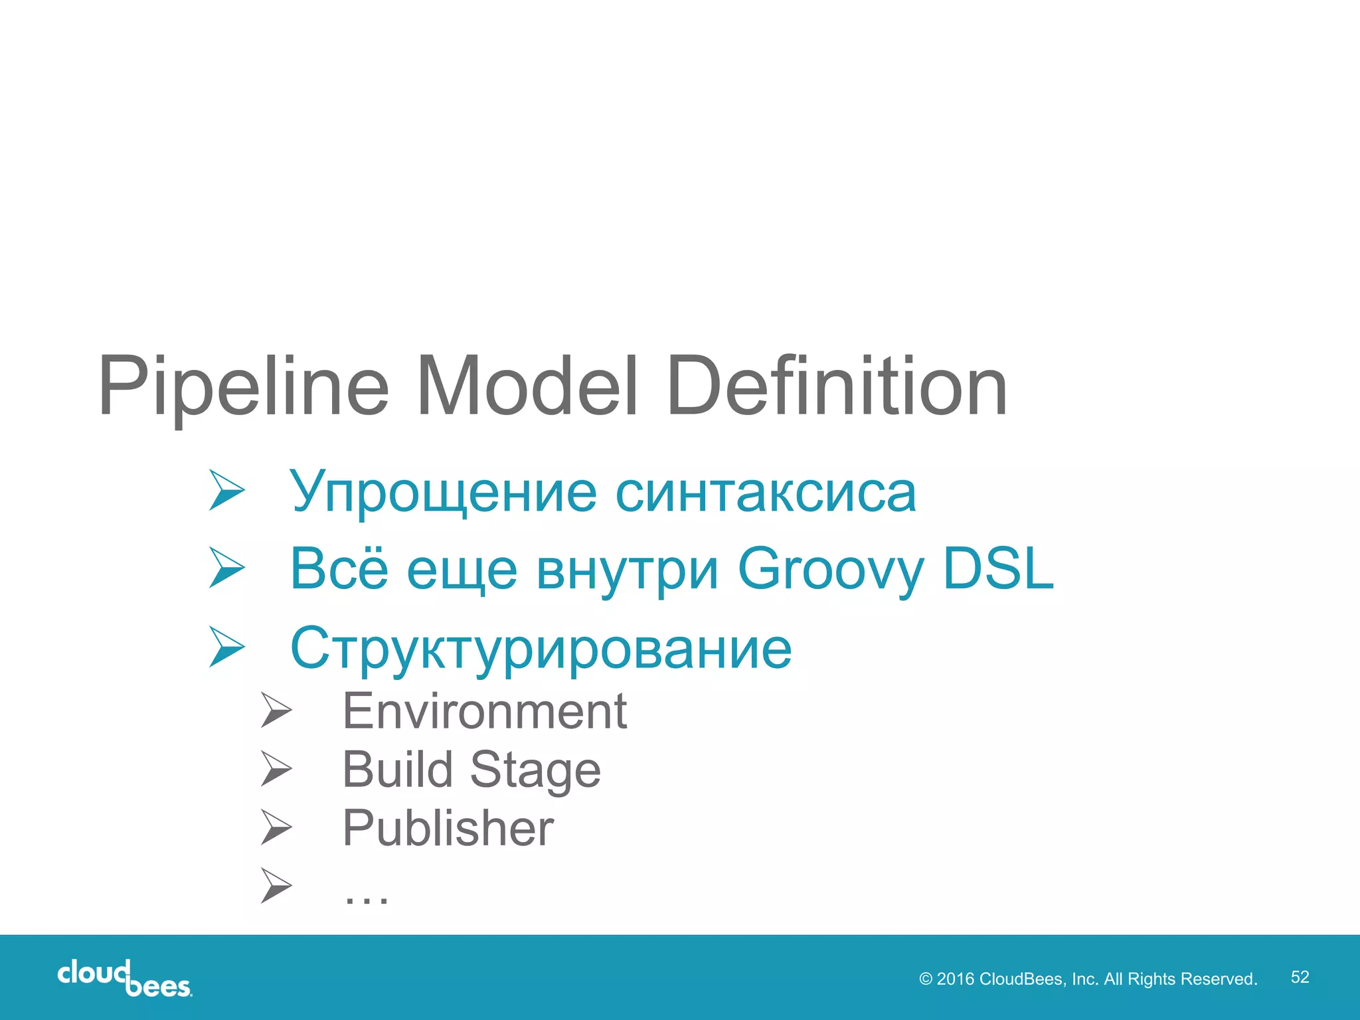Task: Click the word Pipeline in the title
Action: click(x=243, y=386)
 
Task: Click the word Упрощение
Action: click(x=443, y=493)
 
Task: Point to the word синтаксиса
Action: click(x=766, y=493)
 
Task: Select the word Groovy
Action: click(x=830, y=570)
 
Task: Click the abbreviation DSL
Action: click(x=997, y=568)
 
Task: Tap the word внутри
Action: click(x=627, y=570)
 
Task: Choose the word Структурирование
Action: click(x=541, y=648)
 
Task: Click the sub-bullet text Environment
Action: click(x=484, y=711)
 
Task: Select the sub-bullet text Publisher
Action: click(x=448, y=828)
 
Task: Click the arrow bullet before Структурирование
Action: click(x=226, y=647)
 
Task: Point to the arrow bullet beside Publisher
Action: click(x=276, y=827)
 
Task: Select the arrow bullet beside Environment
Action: click(x=276, y=710)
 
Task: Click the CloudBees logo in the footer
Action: click(x=125, y=978)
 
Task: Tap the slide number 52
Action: click(x=1300, y=977)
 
